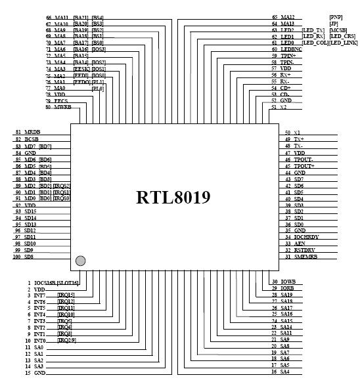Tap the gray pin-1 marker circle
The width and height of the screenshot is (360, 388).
80,261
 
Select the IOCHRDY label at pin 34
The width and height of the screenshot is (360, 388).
307,237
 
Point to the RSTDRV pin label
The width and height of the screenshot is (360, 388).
305,249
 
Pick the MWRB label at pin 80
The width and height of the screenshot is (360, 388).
62,106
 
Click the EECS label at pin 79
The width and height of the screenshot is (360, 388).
61,100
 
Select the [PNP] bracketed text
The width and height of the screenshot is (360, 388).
335,16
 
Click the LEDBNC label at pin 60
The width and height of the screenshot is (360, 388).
292,49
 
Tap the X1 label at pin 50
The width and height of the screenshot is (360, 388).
297,133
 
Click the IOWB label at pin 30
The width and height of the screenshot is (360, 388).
288,282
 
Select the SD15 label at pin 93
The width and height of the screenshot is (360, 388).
30,211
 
